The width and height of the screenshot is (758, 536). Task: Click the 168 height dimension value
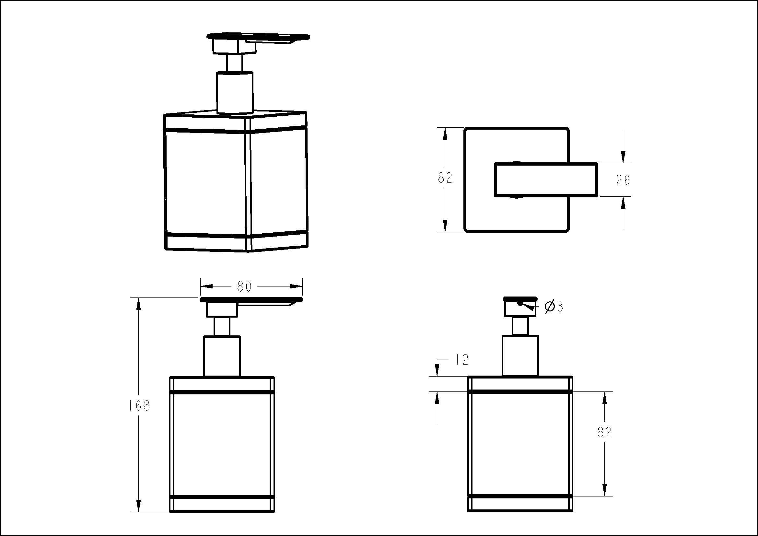[x=139, y=406]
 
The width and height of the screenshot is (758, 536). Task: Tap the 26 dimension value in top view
[x=623, y=180]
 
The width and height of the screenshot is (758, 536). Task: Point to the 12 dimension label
[x=462, y=360]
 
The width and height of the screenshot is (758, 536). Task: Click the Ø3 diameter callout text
[x=554, y=307]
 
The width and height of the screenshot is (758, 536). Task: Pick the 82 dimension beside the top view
[x=445, y=178]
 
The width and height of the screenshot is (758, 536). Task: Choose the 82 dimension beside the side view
[x=604, y=432]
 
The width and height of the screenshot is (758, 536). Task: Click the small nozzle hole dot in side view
[x=520, y=303]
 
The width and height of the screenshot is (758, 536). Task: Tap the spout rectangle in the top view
[x=546, y=180]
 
